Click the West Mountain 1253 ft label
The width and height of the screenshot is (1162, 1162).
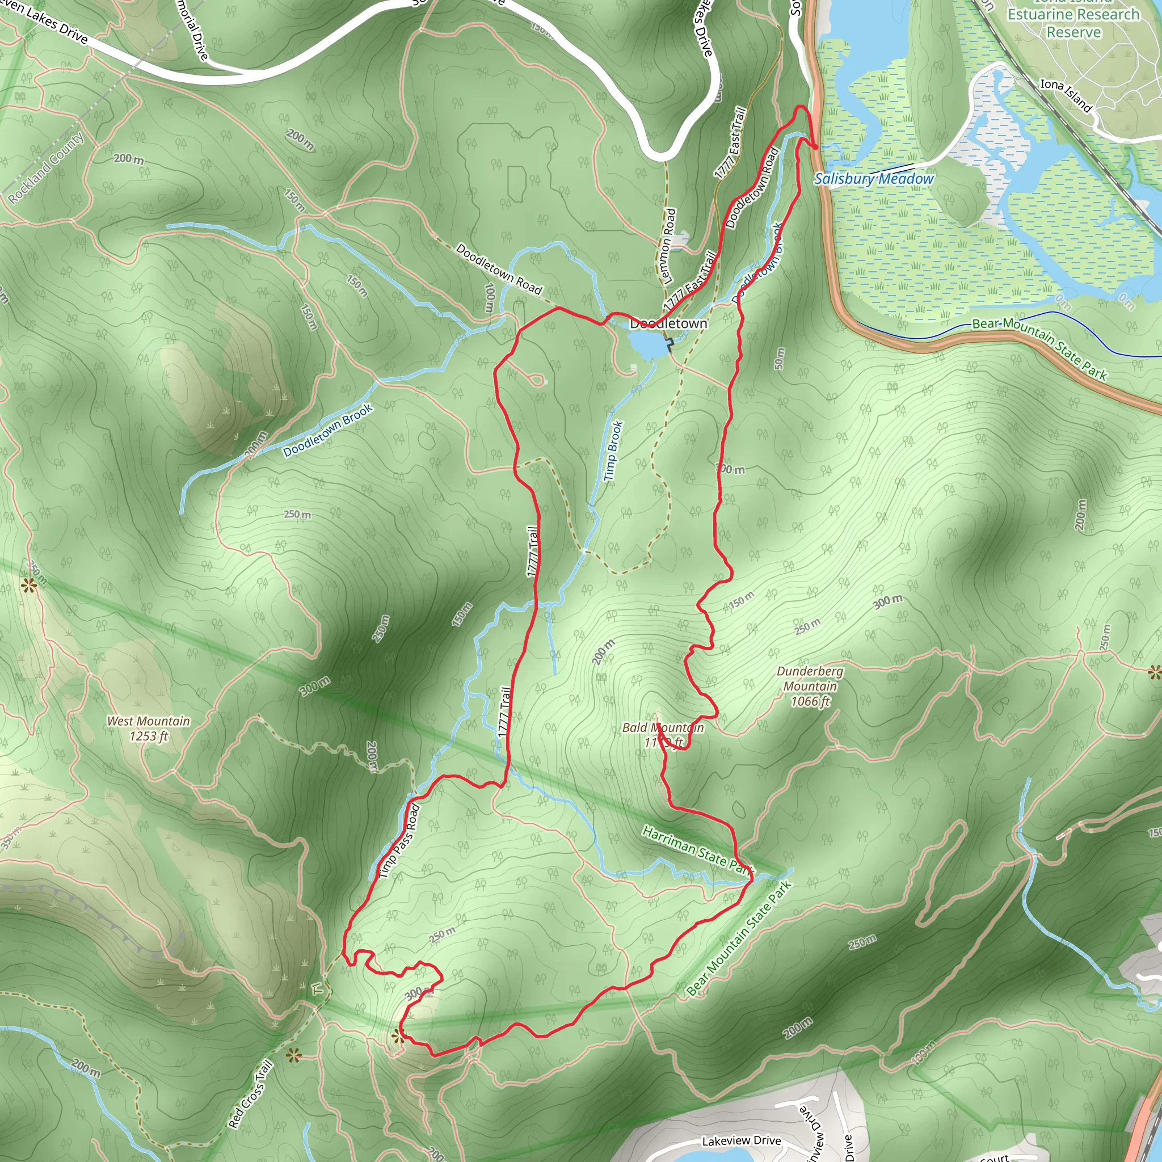tap(148, 729)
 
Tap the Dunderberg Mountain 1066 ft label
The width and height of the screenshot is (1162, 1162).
tap(810, 685)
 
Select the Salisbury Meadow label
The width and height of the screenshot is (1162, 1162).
tap(873, 179)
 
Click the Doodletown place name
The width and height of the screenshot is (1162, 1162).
tap(668, 323)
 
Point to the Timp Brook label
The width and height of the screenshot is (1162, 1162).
tap(613, 451)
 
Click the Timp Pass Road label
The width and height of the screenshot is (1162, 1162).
tap(398, 841)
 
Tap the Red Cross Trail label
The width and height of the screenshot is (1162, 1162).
tap(250, 1094)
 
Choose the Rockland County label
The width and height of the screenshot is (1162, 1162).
tap(47, 168)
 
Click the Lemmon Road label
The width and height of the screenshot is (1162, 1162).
tap(668, 245)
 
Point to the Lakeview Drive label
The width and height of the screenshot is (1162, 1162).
tap(742, 1140)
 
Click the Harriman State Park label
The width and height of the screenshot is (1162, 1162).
tap(697, 850)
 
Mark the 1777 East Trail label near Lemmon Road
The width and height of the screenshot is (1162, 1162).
tap(691, 281)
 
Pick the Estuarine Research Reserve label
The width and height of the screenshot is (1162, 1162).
tap(1073, 22)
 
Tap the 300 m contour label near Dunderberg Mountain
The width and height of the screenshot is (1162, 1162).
tap(888, 601)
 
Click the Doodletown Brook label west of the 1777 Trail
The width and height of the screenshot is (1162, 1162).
tap(328, 430)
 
